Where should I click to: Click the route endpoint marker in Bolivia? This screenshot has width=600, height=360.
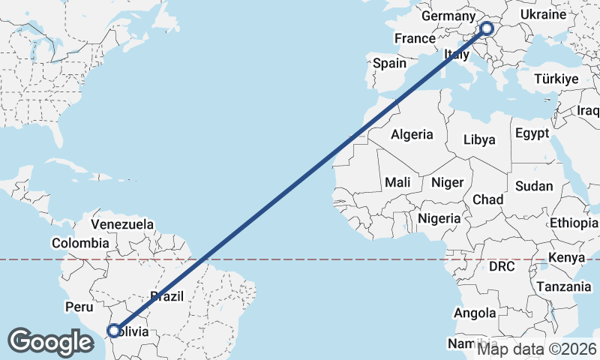click(113, 330)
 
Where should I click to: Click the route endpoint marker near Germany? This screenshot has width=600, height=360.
click(486, 29)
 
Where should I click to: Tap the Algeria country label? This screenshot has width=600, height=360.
click(412, 135)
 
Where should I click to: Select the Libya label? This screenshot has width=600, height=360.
click(479, 139)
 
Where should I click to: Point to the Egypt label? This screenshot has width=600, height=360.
click(532, 133)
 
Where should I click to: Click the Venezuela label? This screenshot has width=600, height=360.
click(122, 224)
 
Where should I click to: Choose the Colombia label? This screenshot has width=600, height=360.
click(80, 243)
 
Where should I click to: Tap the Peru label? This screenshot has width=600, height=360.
click(79, 307)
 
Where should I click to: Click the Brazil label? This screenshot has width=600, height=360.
click(166, 297)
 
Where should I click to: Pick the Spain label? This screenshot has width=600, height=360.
click(389, 64)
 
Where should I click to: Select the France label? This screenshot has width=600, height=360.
click(415, 38)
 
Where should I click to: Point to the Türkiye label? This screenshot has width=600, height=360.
click(556, 79)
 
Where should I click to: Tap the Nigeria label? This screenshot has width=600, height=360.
click(439, 218)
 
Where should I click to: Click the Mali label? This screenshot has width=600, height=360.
click(397, 182)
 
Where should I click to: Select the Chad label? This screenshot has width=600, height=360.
click(487, 199)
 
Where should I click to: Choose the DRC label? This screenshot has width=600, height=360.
click(503, 266)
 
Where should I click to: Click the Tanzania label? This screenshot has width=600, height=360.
click(564, 286)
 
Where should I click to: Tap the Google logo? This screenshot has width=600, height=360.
click(51, 342)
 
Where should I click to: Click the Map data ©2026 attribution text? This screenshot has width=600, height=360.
click(537, 349)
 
